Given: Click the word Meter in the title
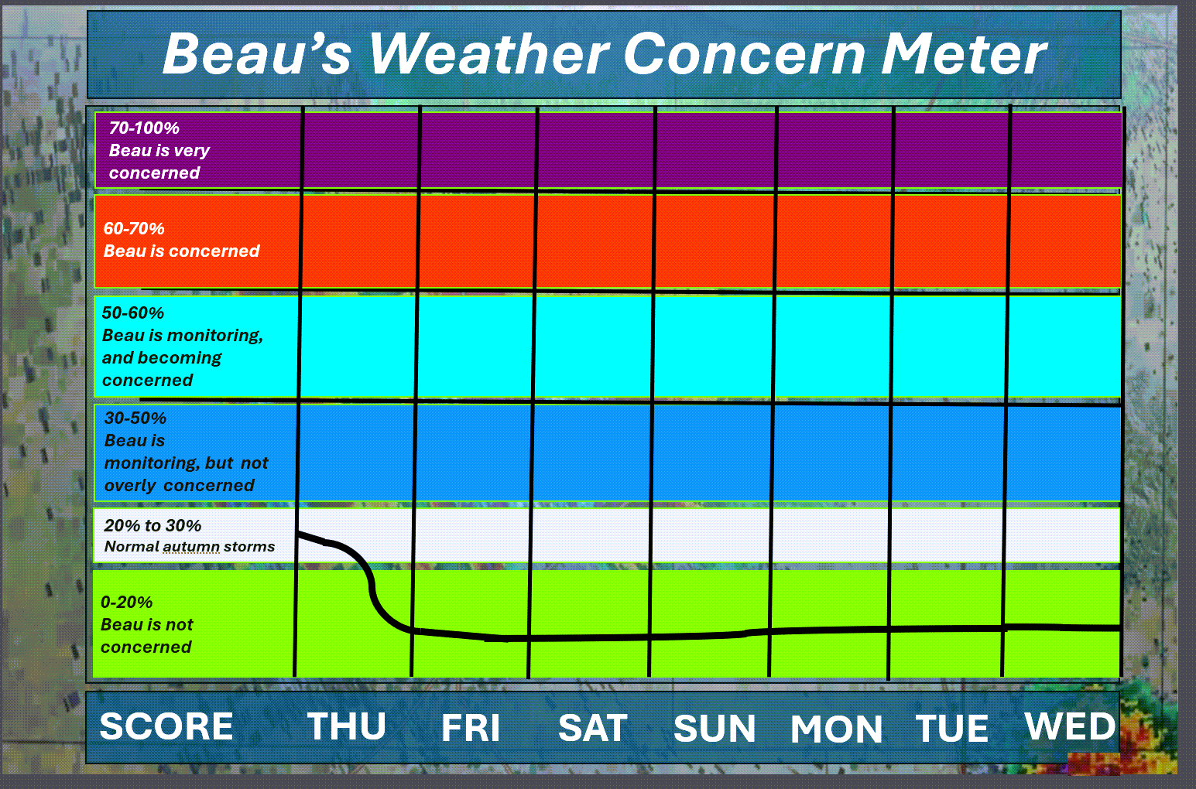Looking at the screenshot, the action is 965,54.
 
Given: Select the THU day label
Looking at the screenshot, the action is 347,726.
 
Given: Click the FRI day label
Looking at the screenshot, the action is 471,727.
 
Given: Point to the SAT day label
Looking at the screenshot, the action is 593,728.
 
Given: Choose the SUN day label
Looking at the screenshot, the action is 715,728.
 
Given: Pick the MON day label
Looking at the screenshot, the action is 836,729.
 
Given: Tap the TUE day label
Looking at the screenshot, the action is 952,728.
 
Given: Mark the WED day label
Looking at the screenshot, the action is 1070,726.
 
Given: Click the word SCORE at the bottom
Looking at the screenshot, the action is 166,726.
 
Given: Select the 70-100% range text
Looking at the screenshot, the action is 144,128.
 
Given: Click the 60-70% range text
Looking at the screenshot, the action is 133,229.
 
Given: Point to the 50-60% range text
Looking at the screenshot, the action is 133,313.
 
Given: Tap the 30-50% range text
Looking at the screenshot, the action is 135,418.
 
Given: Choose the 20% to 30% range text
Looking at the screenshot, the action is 152,526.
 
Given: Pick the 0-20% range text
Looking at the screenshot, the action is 126,603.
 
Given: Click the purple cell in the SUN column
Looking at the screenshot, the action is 715,149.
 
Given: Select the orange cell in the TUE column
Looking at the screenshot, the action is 950,241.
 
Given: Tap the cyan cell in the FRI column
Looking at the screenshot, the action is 475,347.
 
